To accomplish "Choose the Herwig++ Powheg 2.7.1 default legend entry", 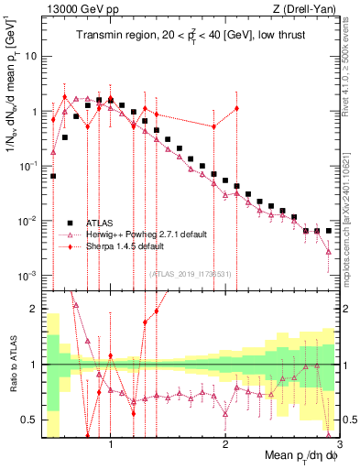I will click(x=147, y=234).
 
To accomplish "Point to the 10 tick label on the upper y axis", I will click(x=29, y=56).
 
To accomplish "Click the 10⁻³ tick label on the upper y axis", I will click(x=27, y=276).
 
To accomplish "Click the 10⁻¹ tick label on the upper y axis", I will click(x=27, y=166).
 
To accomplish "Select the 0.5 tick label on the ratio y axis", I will click(x=28, y=420).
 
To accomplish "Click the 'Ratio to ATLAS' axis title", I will click(x=11, y=364).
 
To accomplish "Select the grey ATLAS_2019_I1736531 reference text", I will click(x=191, y=274).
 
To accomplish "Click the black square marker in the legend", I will click(x=70, y=222).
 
